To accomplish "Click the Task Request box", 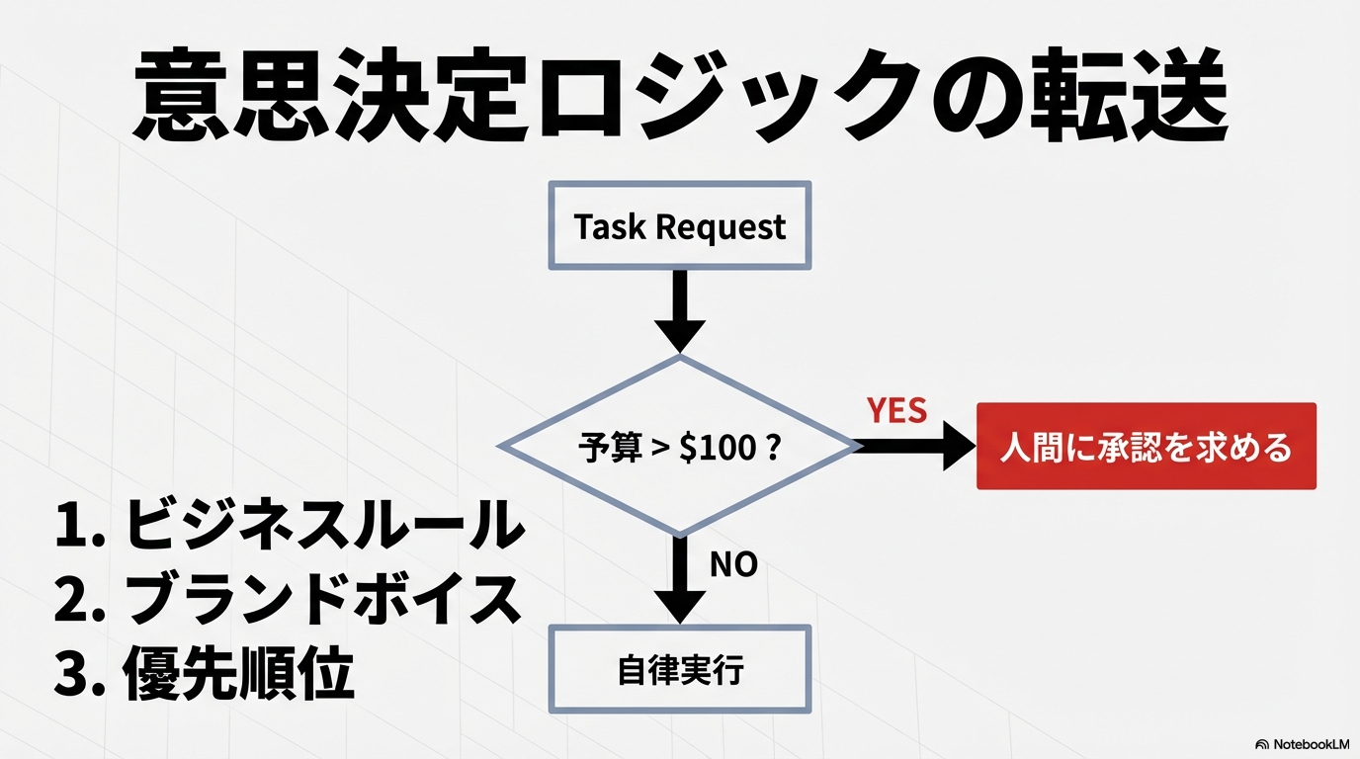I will click(x=680, y=226).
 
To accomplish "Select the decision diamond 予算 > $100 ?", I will click(x=680, y=447).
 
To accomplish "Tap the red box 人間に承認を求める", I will click(x=1146, y=447).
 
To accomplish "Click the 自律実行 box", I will click(x=680, y=670).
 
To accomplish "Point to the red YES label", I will click(x=896, y=410).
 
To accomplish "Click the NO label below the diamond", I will click(x=733, y=564).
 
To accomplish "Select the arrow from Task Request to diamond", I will click(x=680, y=309).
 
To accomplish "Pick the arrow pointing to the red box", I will click(x=914, y=447).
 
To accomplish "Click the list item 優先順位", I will click(x=237, y=675).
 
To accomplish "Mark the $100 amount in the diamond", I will click(x=716, y=448).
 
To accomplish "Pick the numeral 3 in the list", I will click(x=72, y=676).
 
